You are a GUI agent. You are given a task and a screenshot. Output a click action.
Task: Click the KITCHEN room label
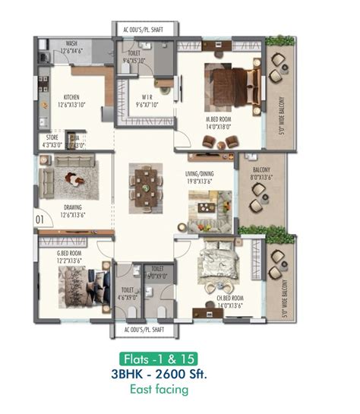[x=71, y=97]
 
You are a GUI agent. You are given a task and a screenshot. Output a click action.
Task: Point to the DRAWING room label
[x=73, y=206]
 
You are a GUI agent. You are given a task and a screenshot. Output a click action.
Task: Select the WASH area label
[x=71, y=44]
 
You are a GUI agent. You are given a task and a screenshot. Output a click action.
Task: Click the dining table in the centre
[x=143, y=181]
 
